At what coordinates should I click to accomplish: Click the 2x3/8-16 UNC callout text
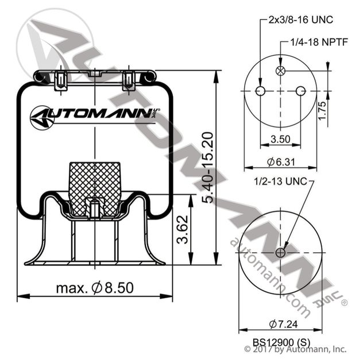(x=301, y=20)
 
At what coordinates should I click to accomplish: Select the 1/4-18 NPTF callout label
(x=316, y=43)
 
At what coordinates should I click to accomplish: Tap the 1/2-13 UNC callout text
(x=280, y=181)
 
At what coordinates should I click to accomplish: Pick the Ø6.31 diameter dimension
(x=280, y=162)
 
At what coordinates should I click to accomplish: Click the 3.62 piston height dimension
(x=181, y=230)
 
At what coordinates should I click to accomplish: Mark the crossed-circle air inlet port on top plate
(x=280, y=71)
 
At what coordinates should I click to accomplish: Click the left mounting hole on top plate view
(x=260, y=91)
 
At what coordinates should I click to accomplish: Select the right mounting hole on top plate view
(x=300, y=91)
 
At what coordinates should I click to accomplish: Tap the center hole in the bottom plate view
(x=280, y=253)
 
